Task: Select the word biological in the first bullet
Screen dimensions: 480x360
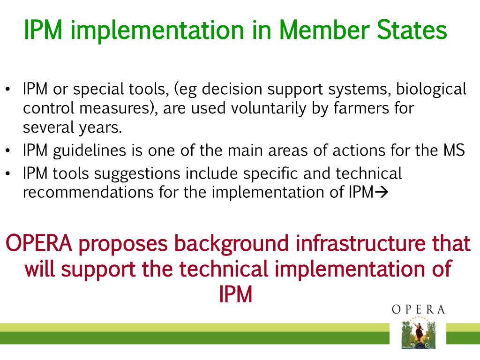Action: point(431,90)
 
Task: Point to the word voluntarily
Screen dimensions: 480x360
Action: point(269,109)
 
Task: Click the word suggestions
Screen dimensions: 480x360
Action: point(137,174)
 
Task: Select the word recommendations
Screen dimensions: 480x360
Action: point(88,192)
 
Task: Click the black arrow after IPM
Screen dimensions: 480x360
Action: point(382,192)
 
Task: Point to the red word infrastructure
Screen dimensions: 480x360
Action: point(360,243)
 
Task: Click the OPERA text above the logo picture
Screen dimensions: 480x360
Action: point(418,309)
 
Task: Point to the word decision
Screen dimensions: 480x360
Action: point(232,89)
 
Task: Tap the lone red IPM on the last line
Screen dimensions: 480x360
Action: point(236,294)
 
